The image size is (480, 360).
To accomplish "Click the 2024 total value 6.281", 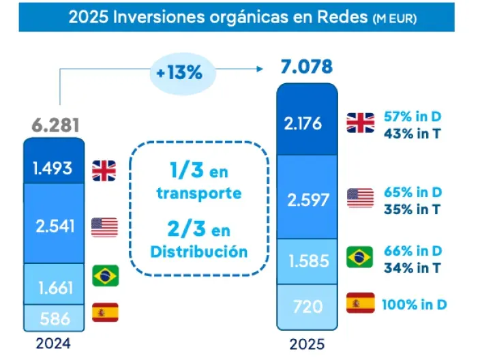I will pyautogui.click(x=55, y=125).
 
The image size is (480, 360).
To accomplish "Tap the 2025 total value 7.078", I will pyautogui.click(x=306, y=67).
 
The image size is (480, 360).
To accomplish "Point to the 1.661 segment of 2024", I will pyautogui.click(x=53, y=288).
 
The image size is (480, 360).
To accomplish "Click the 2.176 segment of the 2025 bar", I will pyautogui.click(x=306, y=123).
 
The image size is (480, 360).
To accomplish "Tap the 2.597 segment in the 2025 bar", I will pyautogui.click(x=306, y=199).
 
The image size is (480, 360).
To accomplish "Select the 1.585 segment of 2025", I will pyautogui.click(x=306, y=260).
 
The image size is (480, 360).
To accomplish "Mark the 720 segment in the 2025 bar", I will pyautogui.click(x=306, y=306).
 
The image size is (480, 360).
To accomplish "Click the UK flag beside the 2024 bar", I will pyautogui.click(x=104, y=169).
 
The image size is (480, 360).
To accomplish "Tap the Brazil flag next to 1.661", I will pyautogui.click(x=105, y=275).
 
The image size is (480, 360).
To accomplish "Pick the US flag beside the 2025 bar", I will pyautogui.click(x=360, y=197).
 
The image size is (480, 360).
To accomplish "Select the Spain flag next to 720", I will pyautogui.click(x=360, y=303).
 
